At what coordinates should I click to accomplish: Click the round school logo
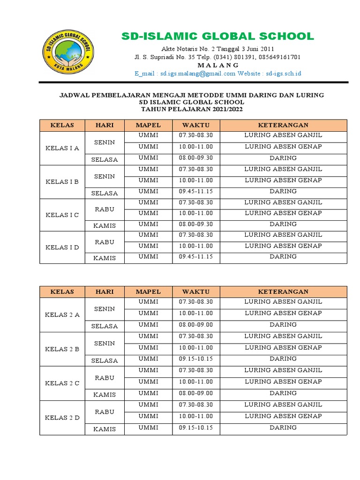(x=68, y=53)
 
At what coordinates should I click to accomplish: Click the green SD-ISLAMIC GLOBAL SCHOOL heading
(x=217, y=37)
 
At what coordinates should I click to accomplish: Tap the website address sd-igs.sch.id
(x=283, y=74)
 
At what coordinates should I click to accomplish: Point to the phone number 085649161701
(x=278, y=57)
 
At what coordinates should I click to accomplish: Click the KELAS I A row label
(x=62, y=148)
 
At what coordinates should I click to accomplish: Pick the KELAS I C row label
(x=62, y=215)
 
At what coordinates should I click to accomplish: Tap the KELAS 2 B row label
(x=62, y=349)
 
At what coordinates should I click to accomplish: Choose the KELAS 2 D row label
(x=62, y=418)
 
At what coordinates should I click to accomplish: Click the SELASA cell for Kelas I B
(x=105, y=193)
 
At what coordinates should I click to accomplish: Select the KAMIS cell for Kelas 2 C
(x=105, y=395)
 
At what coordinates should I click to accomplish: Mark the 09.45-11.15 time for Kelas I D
(x=195, y=257)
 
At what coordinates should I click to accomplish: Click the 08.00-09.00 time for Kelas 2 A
(x=195, y=324)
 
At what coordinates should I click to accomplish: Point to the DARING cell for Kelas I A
(x=283, y=158)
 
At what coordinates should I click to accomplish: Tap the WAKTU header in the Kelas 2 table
(x=195, y=292)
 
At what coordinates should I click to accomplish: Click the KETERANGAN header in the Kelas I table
(x=283, y=125)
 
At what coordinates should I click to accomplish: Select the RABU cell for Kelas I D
(x=105, y=242)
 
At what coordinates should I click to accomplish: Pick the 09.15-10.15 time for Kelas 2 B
(x=195, y=359)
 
